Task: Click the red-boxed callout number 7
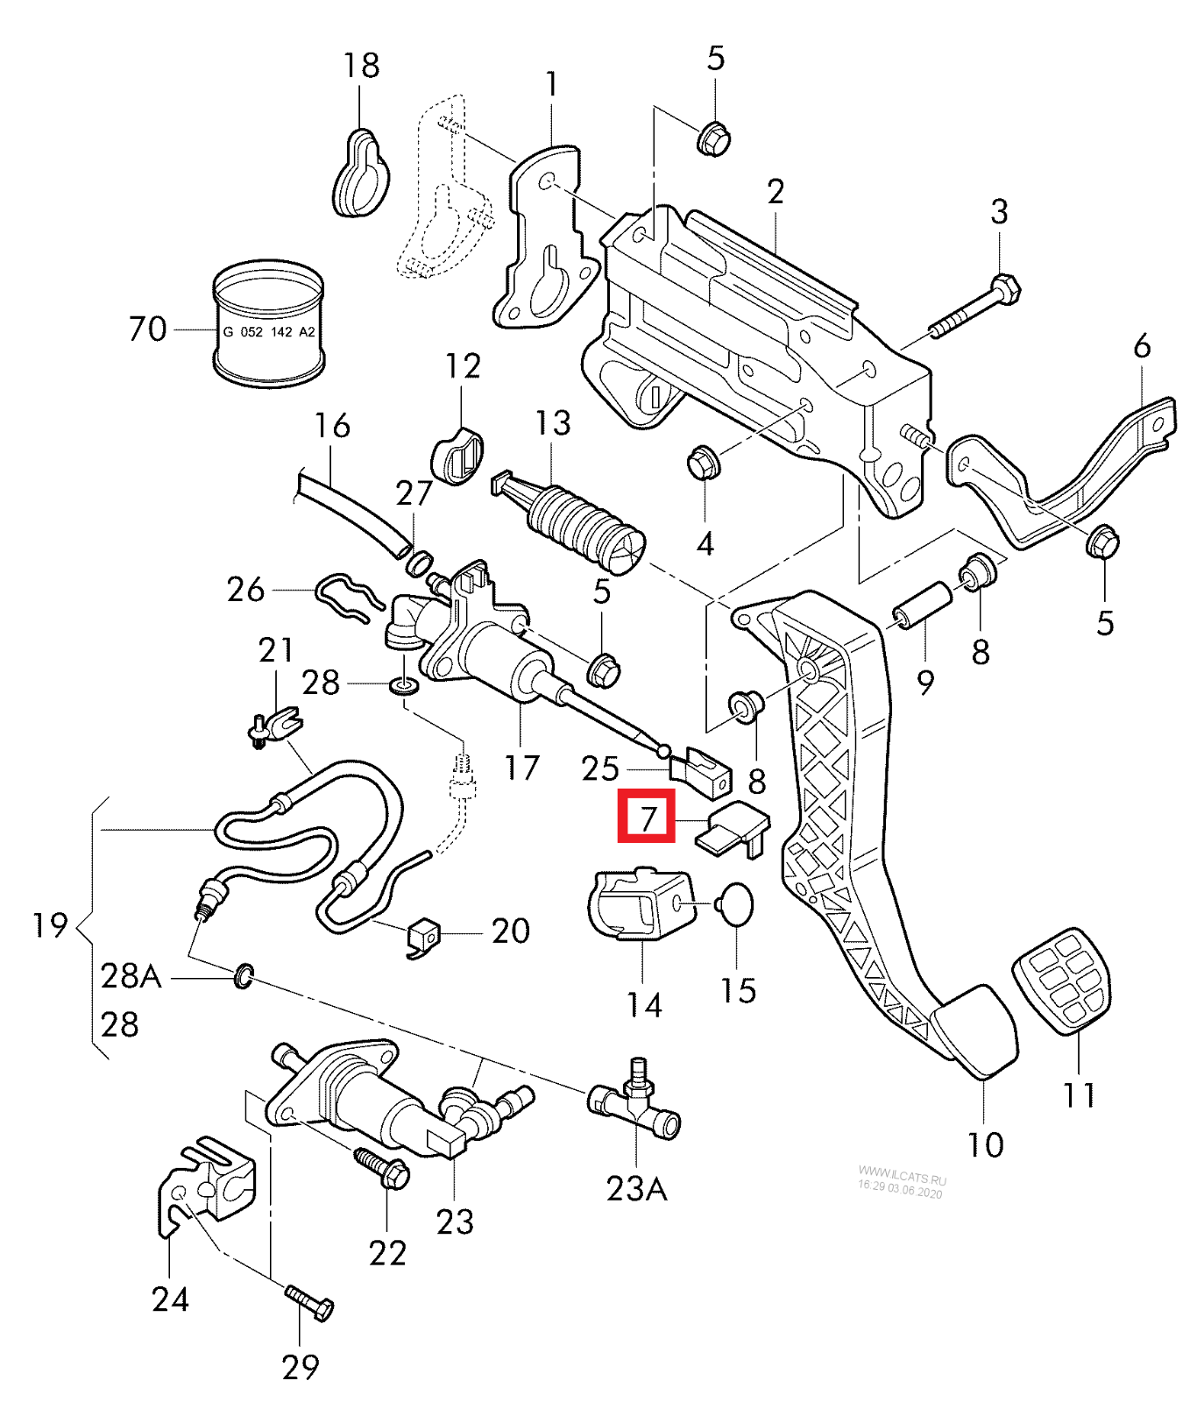[x=647, y=817]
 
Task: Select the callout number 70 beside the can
[x=146, y=329]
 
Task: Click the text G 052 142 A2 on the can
[x=269, y=332]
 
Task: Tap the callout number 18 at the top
[x=360, y=66]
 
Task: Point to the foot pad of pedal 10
[x=975, y=1030]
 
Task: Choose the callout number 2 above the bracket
[x=775, y=192]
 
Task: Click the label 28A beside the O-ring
[x=131, y=974]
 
